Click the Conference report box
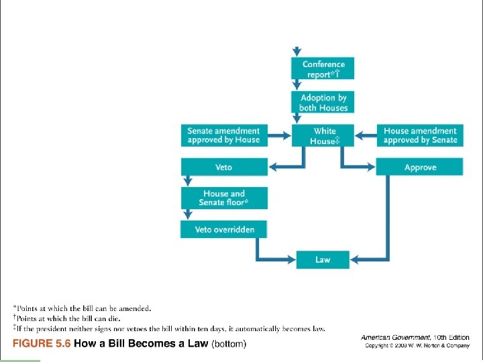point(323,69)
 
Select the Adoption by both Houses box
point(323,103)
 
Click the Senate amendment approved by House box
point(223,135)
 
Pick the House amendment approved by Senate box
point(420,135)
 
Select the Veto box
point(223,168)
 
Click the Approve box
point(420,168)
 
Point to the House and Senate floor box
point(223,198)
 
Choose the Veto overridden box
point(223,229)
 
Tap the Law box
point(323,260)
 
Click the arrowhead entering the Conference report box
point(297,52)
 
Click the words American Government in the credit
point(389,337)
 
